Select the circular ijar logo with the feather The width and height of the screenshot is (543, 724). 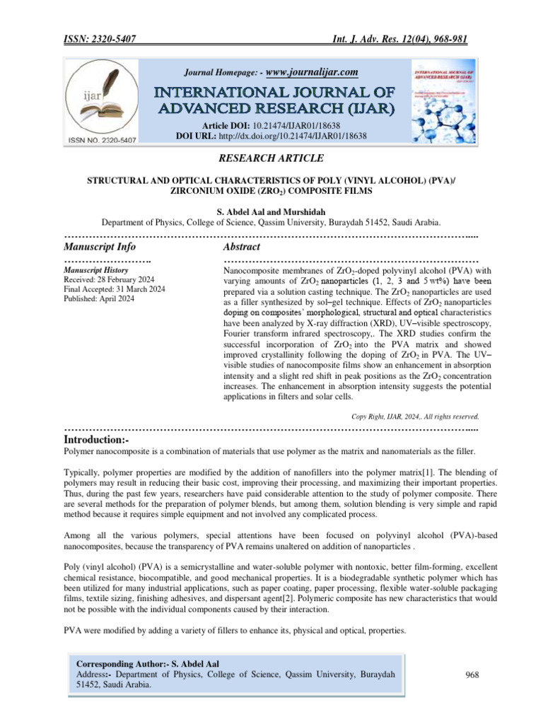[x=101, y=101]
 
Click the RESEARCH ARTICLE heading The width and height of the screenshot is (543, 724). [x=271, y=158]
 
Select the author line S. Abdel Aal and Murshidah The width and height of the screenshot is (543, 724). [x=271, y=211]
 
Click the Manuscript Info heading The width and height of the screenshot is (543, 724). [x=100, y=247]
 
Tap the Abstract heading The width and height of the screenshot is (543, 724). [x=242, y=247]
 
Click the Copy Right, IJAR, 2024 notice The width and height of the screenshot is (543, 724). [x=415, y=416]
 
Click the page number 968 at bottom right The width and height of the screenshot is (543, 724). [x=472, y=675]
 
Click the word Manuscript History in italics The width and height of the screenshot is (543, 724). [x=96, y=270]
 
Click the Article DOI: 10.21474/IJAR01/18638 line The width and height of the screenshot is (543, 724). [x=271, y=124]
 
